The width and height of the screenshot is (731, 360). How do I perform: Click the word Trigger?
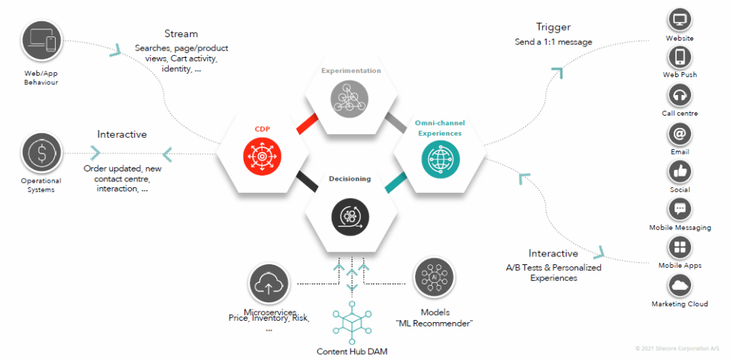[553, 28]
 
